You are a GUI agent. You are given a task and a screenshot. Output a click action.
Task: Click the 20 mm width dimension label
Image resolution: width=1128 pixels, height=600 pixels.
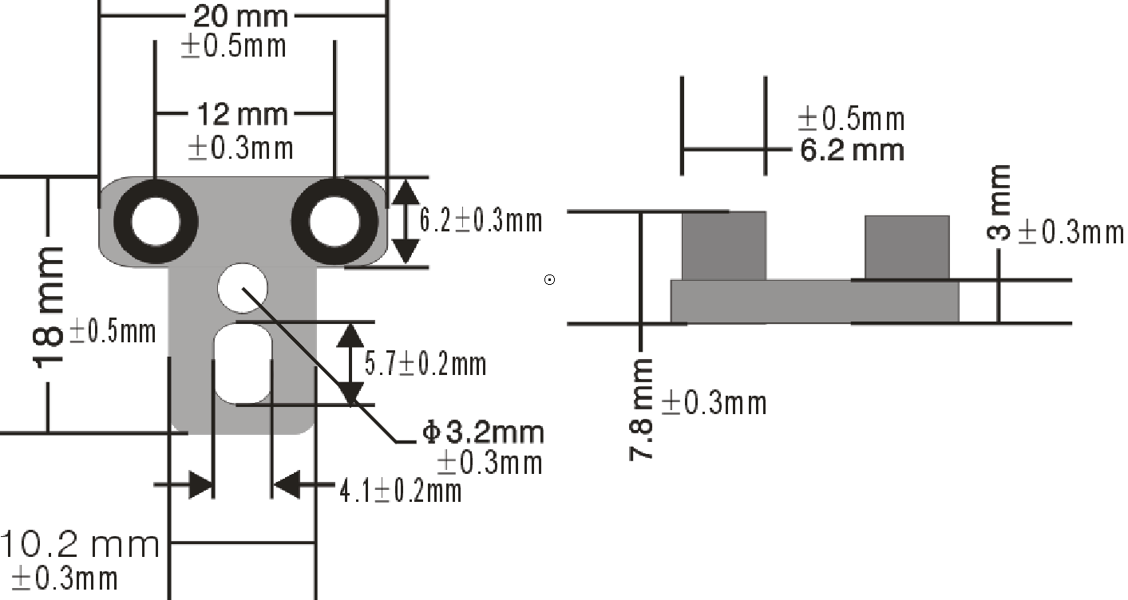tap(240, 17)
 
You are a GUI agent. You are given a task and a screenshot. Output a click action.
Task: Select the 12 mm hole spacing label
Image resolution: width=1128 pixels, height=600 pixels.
tap(242, 115)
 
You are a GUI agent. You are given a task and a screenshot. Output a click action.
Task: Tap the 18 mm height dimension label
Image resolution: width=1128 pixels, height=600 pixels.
tap(49, 307)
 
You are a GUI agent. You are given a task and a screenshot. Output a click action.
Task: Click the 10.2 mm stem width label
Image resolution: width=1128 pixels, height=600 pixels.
tap(80, 545)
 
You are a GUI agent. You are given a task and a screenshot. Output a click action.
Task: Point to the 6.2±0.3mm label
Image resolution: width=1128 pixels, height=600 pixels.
tap(481, 221)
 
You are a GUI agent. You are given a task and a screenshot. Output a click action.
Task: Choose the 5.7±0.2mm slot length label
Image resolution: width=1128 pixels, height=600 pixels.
tap(425, 364)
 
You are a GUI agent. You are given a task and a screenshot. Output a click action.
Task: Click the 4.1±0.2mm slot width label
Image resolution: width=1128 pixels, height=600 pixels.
tap(400, 491)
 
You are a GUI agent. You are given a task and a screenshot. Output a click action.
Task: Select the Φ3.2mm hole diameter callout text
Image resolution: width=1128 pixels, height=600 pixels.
tap(483, 432)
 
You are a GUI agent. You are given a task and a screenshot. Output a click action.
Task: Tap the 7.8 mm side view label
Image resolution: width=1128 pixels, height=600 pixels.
tap(641, 409)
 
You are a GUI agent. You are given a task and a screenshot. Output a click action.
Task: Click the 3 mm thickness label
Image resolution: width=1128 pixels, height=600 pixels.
tap(999, 203)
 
